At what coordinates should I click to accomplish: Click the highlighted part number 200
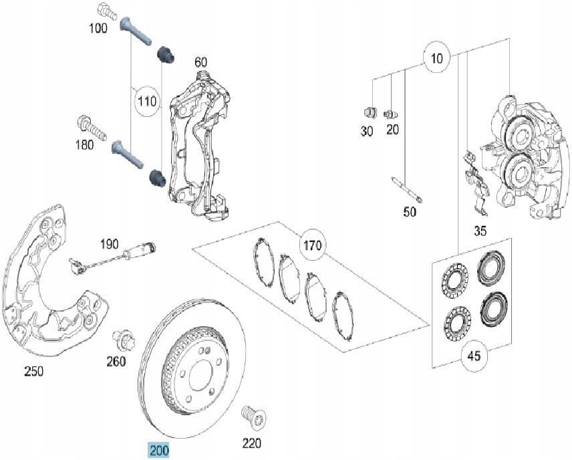click(159, 450)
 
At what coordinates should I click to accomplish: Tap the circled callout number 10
click(436, 59)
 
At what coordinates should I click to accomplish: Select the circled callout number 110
click(146, 102)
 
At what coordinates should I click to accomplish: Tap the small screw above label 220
click(253, 417)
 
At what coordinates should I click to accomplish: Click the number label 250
click(33, 371)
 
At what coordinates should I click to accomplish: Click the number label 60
click(200, 62)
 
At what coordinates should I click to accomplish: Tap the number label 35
click(480, 231)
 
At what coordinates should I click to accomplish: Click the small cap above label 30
click(367, 112)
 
